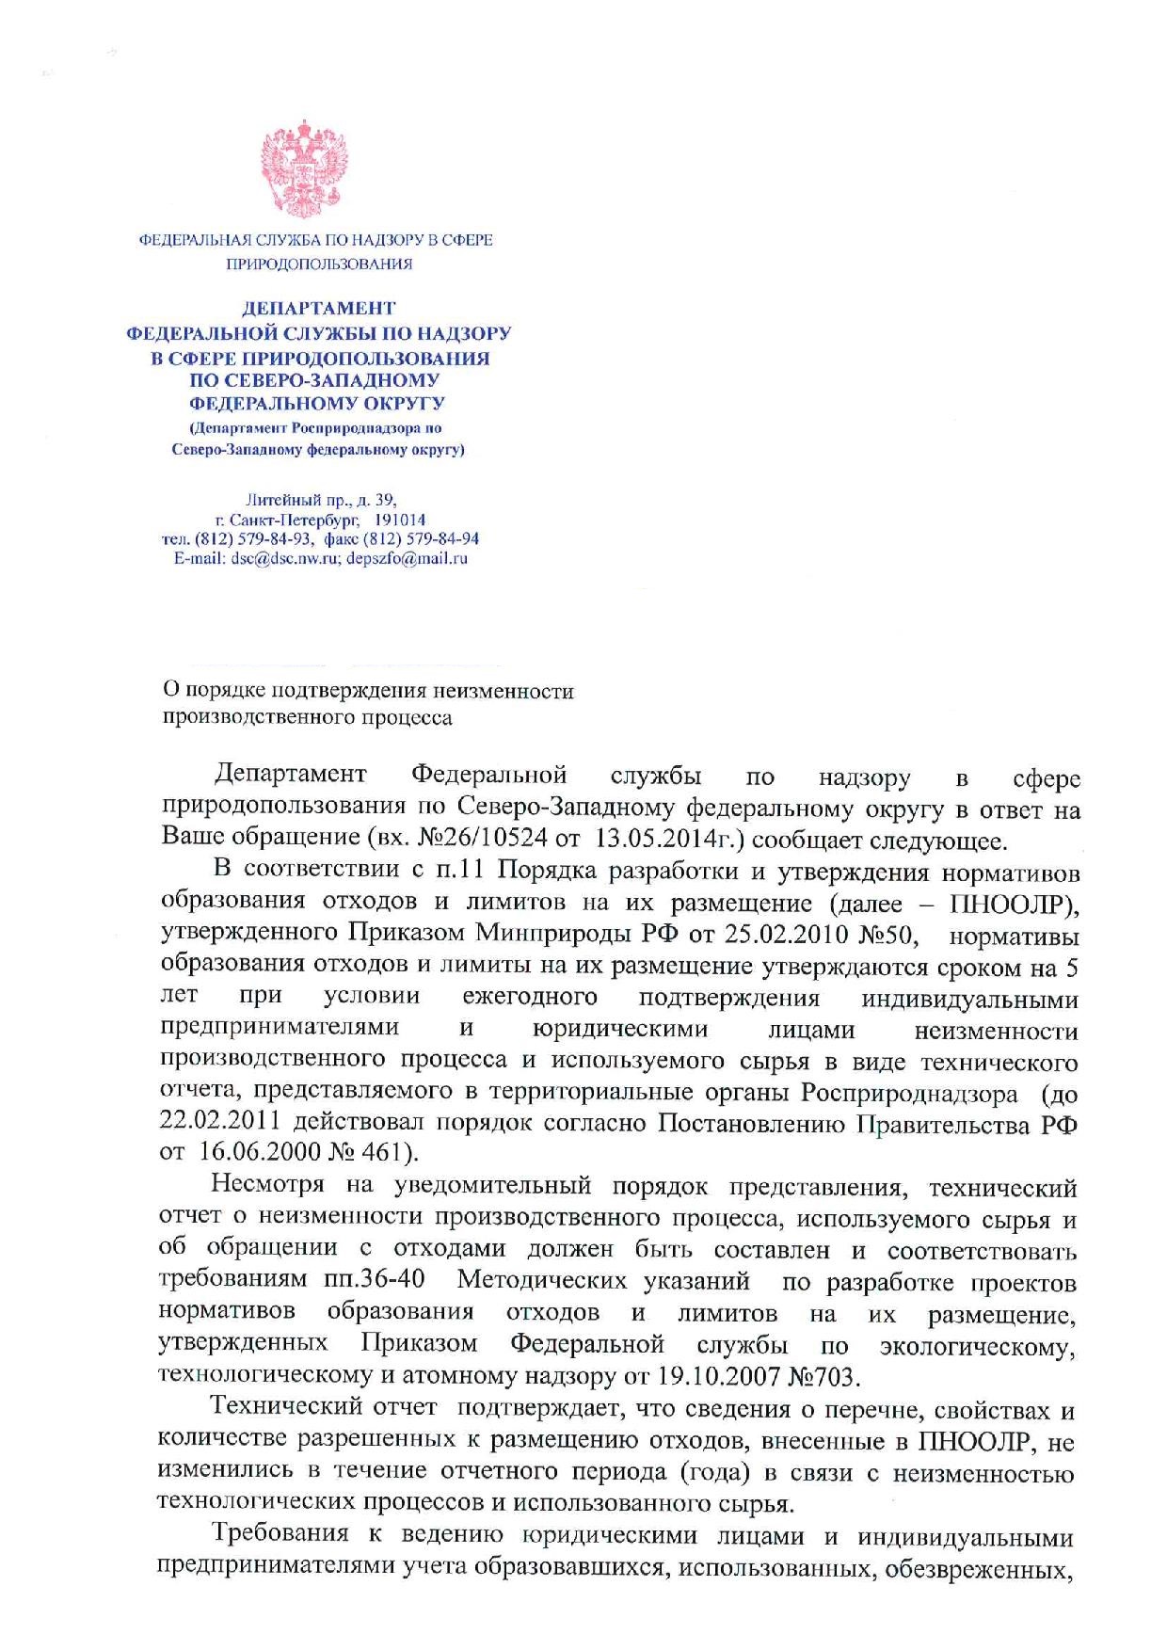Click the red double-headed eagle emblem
point(304,168)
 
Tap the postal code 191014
point(400,520)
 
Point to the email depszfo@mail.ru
point(407,558)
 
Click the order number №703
point(823,1377)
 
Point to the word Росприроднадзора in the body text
point(909,1093)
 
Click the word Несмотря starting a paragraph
point(268,1185)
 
